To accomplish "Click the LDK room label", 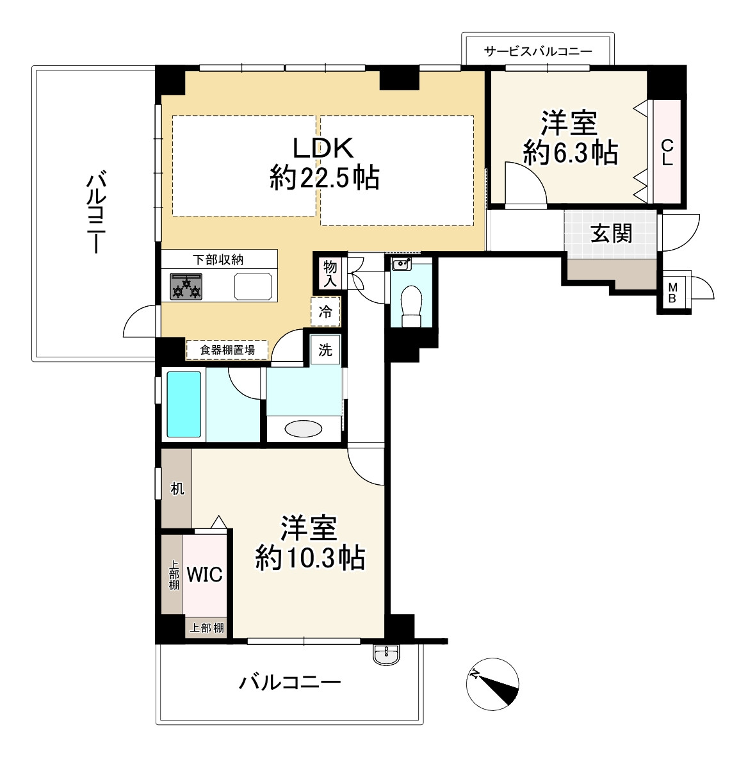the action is (323, 148).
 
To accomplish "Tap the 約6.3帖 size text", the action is (571, 152).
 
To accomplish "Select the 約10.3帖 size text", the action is (309, 558).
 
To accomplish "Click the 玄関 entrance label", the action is (612, 234).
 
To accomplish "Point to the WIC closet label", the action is (204, 574).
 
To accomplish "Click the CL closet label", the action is (667, 152).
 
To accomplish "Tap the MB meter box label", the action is (672, 293).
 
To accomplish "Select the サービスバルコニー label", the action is (538, 51).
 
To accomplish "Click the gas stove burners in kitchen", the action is (186, 287).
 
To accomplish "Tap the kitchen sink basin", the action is (253, 287).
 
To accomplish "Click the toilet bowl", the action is (411, 307).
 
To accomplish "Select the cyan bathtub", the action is (184, 404).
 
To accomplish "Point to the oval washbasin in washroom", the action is (304, 428).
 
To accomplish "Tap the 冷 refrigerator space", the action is (325, 312).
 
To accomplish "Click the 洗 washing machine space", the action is (325, 350).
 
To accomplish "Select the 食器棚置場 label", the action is (227, 350).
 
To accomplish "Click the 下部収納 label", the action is (218, 260).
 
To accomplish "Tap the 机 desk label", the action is (177, 489).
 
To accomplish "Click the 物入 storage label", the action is (330, 273).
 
